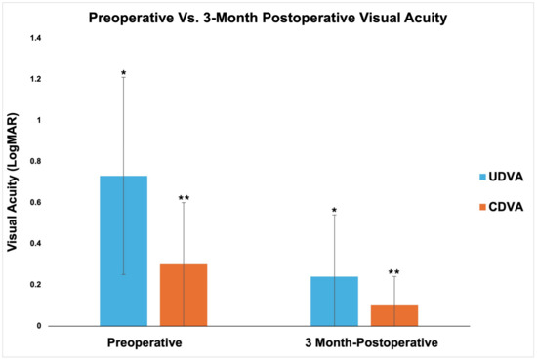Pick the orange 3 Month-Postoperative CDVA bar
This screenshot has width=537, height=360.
click(x=394, y=315)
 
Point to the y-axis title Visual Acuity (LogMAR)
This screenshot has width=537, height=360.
click(x=15, y=186)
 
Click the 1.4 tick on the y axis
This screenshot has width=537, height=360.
click(x=35, y=38)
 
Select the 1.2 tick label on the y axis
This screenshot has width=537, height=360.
click(x=35, y=79)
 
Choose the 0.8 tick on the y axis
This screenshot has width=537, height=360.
click(x=35, y=161)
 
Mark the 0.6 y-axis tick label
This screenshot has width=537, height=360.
click(x=35, y=202)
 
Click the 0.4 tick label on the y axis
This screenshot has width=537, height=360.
click(x=35, y=243)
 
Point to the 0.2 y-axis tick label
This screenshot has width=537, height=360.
click(x=35, y=284)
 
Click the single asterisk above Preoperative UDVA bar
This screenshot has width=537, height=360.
click(x=123, y=74)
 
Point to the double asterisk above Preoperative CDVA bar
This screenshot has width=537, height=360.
click(x=184, y=200)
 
